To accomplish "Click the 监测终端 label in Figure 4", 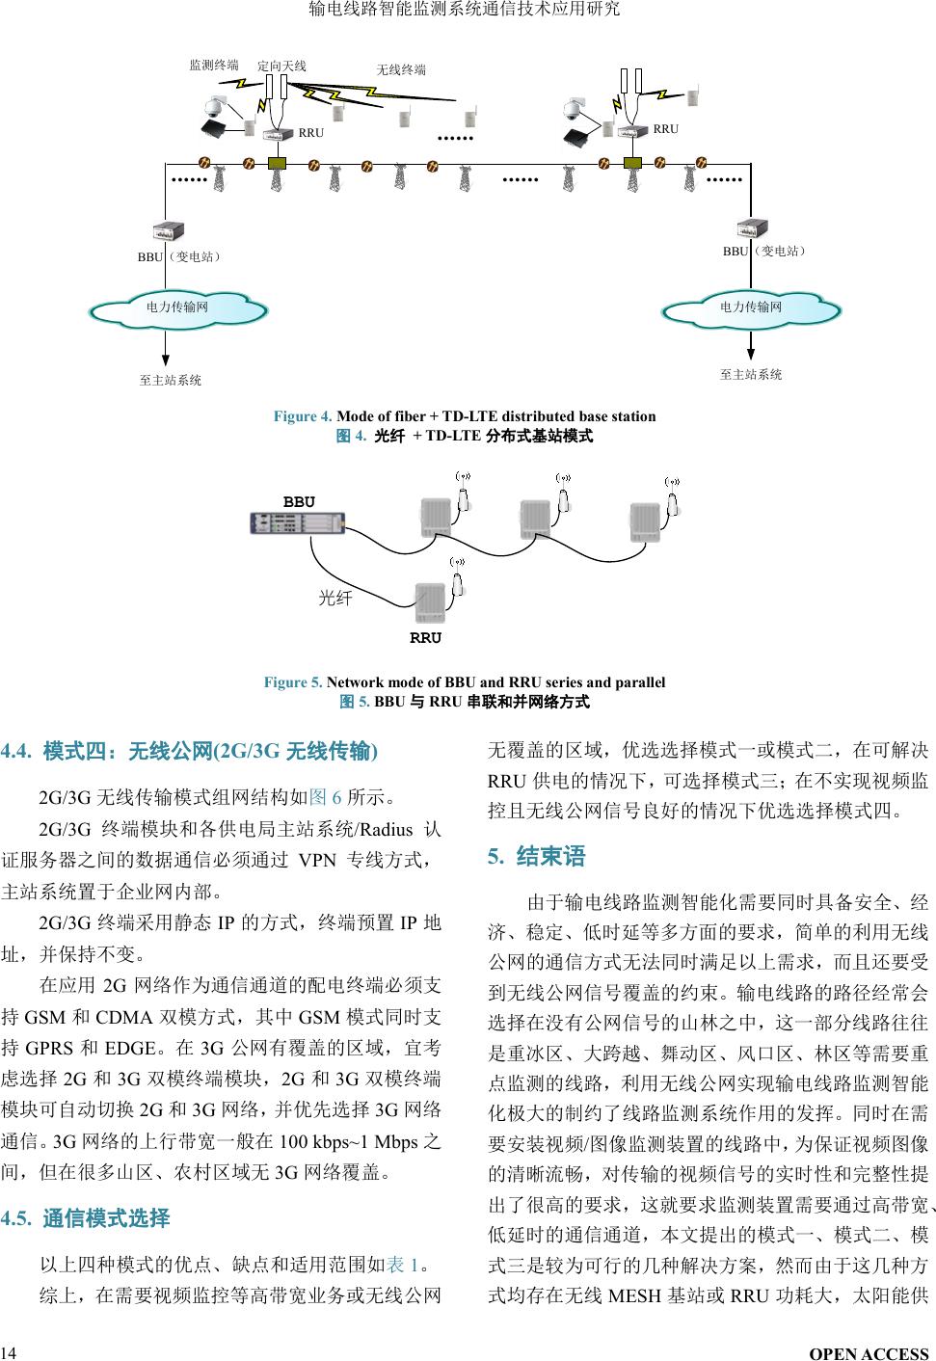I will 214,66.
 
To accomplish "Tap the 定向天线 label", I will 281,66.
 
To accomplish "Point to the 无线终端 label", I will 400,69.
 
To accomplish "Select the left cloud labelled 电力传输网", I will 177,307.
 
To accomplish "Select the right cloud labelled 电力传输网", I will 751,307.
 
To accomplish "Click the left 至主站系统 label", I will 171,381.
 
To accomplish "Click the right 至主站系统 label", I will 751,374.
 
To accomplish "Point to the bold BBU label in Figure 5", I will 299,502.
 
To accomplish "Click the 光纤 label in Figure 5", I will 335,599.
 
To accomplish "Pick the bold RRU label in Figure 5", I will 425,638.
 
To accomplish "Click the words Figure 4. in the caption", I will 304,416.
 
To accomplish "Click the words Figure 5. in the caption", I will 294,682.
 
